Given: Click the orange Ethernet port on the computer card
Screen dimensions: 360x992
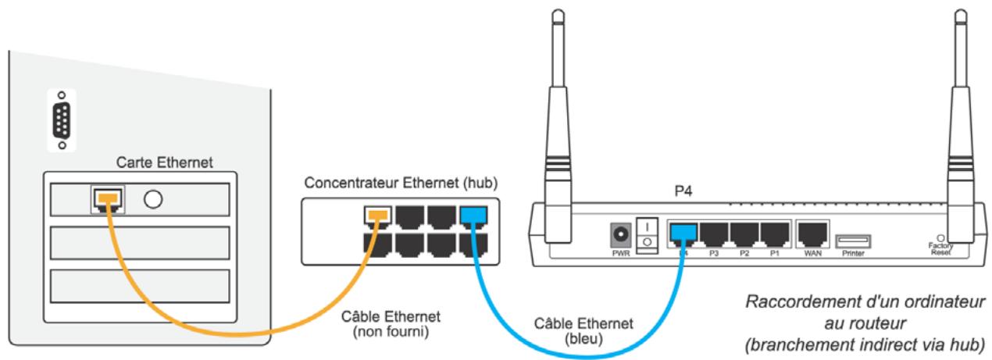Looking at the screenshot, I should click(x=107, y=201).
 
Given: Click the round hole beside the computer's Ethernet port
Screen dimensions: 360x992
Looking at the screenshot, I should click(x=153, y=200).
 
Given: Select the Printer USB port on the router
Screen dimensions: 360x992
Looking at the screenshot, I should click(x=853, y=241).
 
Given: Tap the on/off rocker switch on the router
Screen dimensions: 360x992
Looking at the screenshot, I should click(x=648, y=234).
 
